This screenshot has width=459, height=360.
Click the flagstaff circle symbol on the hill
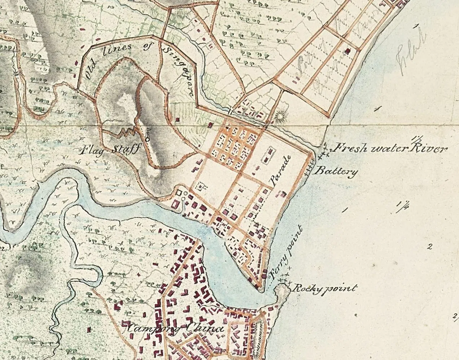147,137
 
